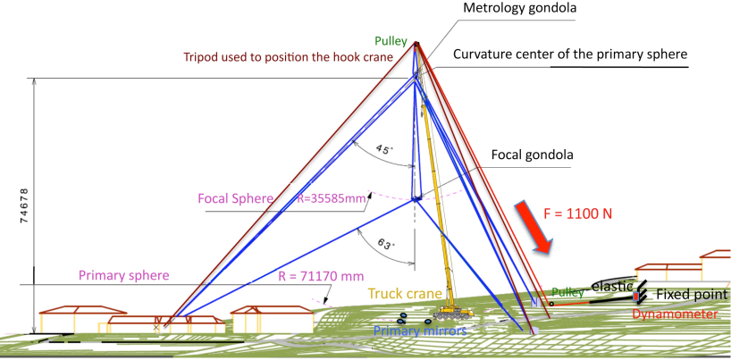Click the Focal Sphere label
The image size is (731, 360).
[232, 198]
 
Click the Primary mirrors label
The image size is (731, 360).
[419, 331]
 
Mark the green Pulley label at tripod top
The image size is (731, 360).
[391, 40]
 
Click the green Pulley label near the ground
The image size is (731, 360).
[567, 291]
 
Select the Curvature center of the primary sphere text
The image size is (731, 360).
[570, 54]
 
